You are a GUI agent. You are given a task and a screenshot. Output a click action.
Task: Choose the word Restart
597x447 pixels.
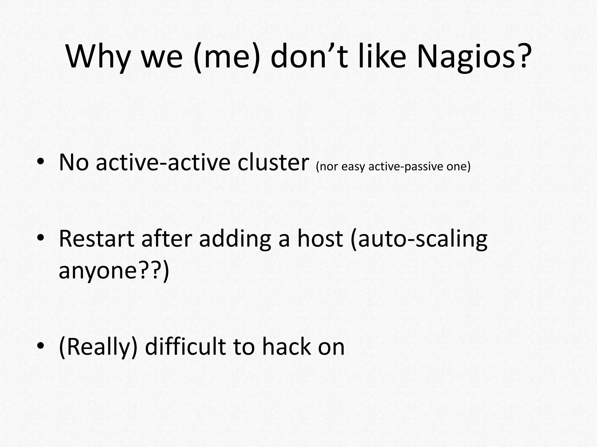96,239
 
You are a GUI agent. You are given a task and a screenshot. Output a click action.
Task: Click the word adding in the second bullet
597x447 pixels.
235,239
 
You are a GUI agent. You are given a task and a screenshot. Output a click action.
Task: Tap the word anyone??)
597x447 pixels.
114,271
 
